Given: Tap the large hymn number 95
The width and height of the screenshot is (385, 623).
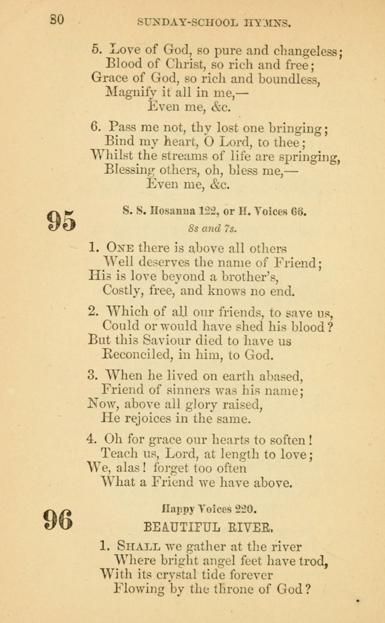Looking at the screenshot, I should (x=61, y=221).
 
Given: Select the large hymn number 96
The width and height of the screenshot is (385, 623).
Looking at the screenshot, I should (x=58, y=519).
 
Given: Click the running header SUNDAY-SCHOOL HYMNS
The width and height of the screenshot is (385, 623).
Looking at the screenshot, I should (x=215, y=23).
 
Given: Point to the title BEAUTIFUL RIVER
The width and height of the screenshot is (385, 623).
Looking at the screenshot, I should (x=209, y=528).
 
